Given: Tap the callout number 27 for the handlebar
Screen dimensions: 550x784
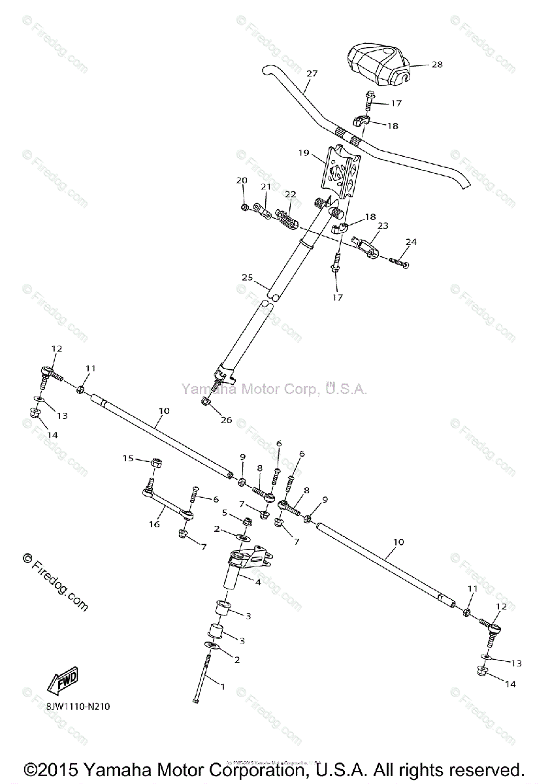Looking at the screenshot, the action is (311, 73).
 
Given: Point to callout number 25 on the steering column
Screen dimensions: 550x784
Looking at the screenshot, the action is (246, 278).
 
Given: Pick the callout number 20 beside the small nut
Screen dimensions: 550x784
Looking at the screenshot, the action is (242, 180).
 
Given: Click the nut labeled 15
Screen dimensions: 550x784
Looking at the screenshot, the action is (156, 463).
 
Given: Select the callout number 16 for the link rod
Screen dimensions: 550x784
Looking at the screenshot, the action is (154, 524).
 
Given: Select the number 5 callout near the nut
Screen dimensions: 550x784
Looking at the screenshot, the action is (224, 512).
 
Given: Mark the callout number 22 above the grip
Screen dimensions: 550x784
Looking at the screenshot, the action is (290, 194).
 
